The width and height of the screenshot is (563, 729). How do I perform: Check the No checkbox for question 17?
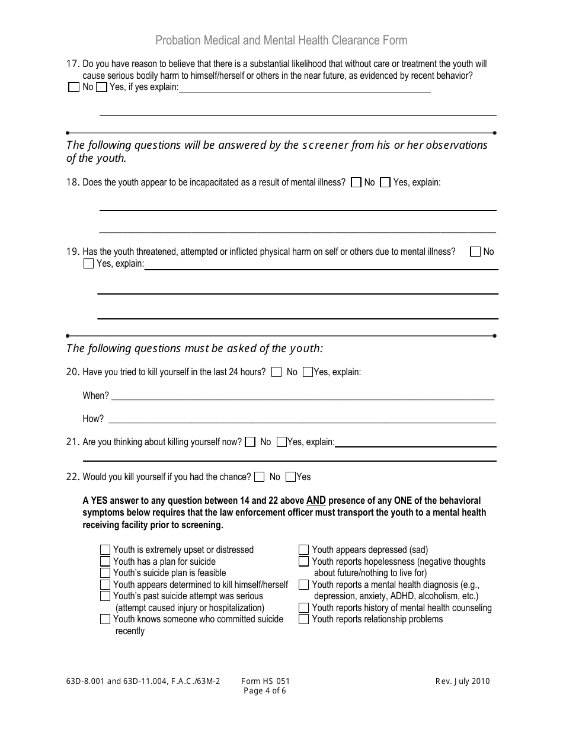73,87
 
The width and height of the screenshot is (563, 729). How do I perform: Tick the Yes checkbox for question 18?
385,183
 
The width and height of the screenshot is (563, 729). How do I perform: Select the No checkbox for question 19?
475,252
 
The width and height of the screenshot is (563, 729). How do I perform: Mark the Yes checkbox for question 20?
308,372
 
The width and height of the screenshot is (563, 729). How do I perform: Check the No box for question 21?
250,442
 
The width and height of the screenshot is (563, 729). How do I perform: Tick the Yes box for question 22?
290,477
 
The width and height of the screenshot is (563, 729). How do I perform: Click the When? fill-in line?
302,395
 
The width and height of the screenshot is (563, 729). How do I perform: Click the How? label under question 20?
93,419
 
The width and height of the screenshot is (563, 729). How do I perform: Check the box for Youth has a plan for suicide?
105,561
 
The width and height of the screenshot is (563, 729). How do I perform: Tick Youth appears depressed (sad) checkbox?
303,550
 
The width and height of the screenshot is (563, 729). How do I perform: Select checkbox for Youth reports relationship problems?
303,619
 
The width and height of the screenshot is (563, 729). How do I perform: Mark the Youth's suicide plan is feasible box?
105,573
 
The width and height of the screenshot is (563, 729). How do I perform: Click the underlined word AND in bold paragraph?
316,500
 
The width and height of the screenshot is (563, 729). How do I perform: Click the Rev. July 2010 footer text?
462,682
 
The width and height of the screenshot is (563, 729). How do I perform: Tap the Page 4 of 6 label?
265,690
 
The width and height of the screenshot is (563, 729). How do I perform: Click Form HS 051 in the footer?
265,682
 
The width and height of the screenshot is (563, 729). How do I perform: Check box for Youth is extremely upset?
105,550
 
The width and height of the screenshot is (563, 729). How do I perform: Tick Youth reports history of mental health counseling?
303,607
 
